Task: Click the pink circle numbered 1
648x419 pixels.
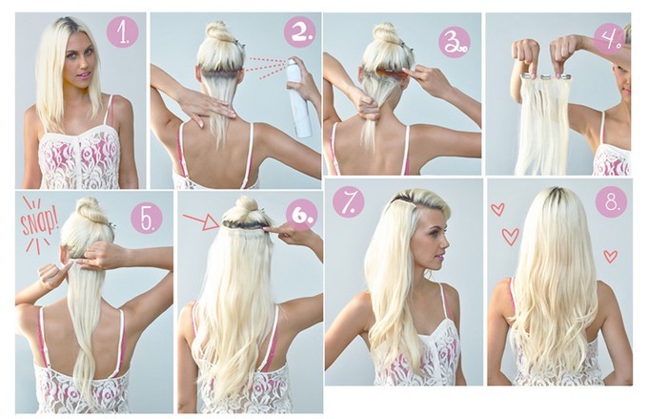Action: (x=122, y=31)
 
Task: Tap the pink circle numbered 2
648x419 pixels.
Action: (x=299, y=31)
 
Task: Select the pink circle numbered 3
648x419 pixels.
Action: (x=455, y=42)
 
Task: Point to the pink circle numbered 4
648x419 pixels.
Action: (x=609, y=39)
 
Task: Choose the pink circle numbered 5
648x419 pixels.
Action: (x=147, y=218)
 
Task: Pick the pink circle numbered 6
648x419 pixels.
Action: (x=302, y=215)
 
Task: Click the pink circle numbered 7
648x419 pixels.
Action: (x=349, y=201)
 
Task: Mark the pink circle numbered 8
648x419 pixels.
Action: (x=611, y=202)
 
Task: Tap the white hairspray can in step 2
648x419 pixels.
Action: (x=299, y=97)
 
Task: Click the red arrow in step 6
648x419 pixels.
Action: (x=201, y=222)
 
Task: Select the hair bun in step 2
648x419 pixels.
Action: (x=219, y=31)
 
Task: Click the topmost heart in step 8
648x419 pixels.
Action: (x=497, y=209)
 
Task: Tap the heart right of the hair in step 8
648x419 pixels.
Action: (x=611, y=257)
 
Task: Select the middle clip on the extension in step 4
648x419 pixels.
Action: (x=546, y=76)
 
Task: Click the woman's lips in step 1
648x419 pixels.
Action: (x=86, y=75)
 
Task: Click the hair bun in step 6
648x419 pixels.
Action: (x=246, y=206)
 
